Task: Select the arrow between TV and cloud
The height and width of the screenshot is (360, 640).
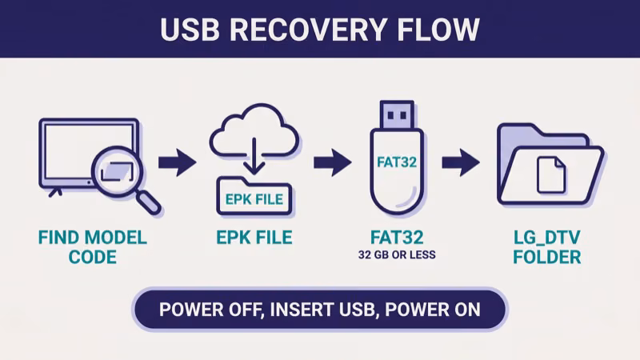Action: [x=177, y=164]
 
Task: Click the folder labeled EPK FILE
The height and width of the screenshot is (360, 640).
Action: [x=254, y=197]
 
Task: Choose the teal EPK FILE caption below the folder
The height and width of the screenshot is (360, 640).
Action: [x=254, y=238]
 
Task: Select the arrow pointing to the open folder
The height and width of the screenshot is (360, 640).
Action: [x=461, y=164]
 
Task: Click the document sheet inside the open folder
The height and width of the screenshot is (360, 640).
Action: [x=551, y=174]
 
